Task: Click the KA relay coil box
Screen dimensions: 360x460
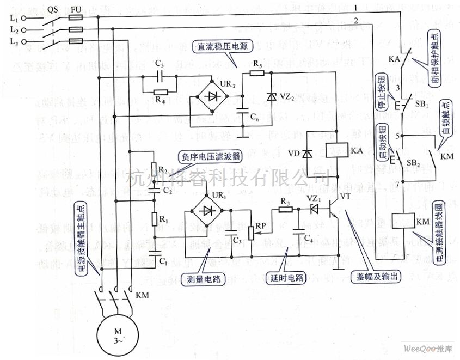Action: (337, 149)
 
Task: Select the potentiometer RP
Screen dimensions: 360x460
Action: (250, 232)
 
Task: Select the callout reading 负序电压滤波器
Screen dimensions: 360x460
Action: (201, 157)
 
